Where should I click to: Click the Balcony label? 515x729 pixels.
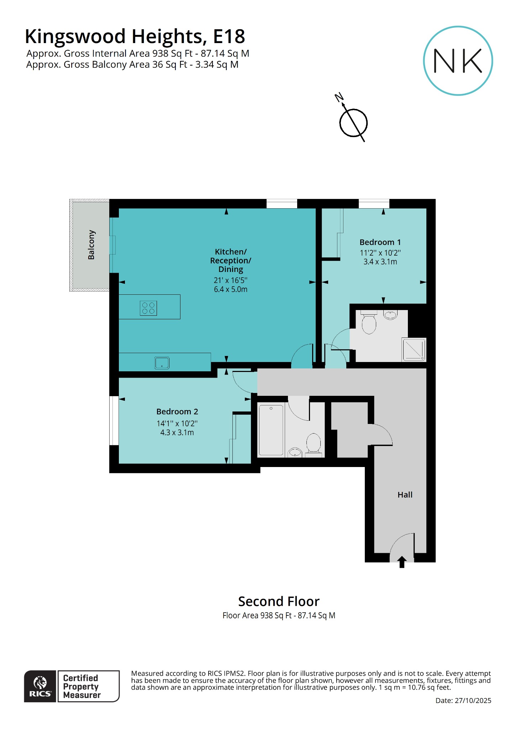[91, 245]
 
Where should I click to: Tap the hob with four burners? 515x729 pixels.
[148, 308]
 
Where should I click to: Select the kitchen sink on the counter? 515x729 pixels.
[162, 363]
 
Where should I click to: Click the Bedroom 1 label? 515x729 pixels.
[380, 242]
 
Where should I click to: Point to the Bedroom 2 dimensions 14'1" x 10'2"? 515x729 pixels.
[177, 424]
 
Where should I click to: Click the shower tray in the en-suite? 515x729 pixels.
[414, 349]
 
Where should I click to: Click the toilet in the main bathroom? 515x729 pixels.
[314, 444]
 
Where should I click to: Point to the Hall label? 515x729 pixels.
[405, 495]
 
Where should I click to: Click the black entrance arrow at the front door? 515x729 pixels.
[402, 562]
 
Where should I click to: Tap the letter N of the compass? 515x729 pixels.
[339, 97]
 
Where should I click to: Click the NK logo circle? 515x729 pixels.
[458, 61]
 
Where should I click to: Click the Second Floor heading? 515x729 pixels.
[279, 602]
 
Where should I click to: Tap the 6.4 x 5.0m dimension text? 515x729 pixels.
[230, 289]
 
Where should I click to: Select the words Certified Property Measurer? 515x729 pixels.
[82, 686]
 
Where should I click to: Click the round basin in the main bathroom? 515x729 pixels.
[295, 453]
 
